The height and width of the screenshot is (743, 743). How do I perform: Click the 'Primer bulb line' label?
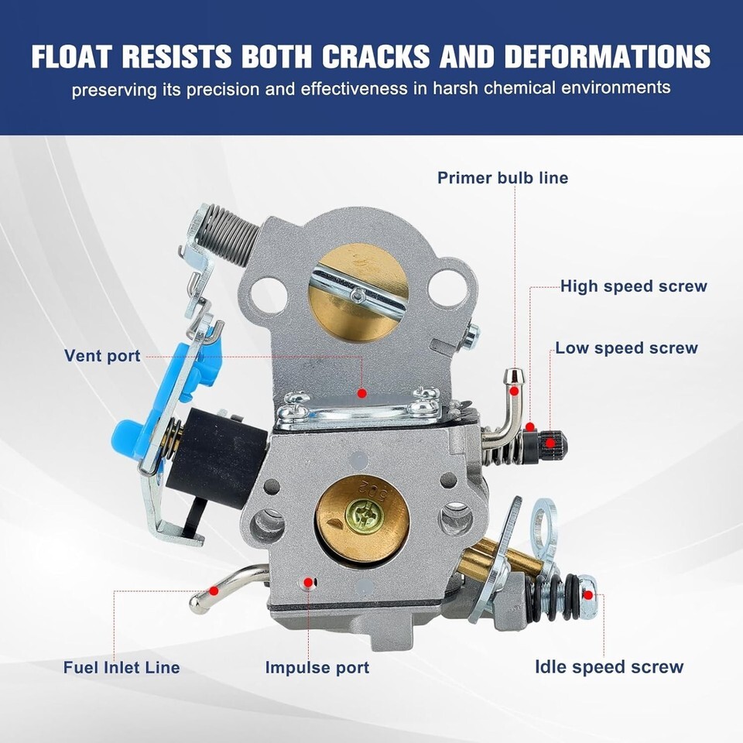502,178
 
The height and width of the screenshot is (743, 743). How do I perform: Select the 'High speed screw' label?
634,286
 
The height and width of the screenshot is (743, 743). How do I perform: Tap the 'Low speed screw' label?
626,348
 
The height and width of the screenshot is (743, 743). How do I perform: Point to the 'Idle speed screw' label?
609,666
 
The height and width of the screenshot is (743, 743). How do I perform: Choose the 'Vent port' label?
102,356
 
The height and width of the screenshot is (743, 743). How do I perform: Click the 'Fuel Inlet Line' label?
122,667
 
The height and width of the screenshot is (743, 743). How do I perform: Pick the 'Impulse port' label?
317,667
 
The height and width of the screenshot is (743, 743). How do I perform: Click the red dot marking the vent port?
362,393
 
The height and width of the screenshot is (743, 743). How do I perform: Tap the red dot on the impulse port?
309,582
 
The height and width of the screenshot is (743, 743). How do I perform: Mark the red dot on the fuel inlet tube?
214,591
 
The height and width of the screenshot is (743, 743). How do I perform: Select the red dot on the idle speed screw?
588,594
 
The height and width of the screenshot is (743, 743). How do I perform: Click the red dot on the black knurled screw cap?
550,443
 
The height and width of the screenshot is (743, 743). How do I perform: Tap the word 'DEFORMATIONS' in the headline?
608,56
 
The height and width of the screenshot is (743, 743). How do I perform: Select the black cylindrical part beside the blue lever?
217,457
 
